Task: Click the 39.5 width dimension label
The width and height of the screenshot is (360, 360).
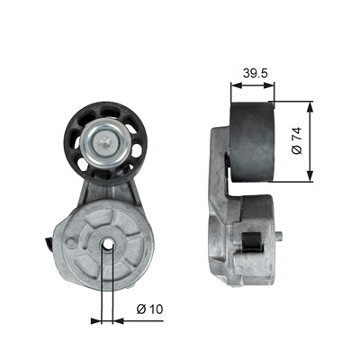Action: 255,73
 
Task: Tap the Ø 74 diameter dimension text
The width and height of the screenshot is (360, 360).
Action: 297,140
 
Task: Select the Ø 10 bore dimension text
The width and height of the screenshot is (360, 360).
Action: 149,309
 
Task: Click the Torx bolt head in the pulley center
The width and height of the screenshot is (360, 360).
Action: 105,142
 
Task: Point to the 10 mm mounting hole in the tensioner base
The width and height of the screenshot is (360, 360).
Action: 107,245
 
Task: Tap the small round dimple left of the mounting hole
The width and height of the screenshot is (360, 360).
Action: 71,242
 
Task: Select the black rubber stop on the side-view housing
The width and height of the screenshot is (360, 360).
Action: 253,242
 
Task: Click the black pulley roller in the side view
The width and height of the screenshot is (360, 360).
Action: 252,142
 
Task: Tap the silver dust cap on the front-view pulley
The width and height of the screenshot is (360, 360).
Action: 105,143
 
